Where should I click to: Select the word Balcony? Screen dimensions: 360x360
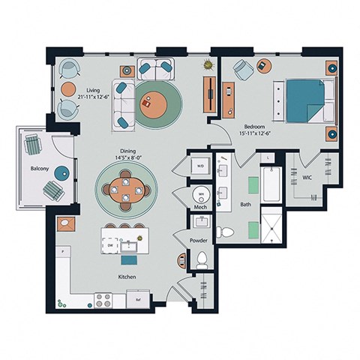(40, 169)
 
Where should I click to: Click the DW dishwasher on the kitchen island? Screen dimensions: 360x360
(110, 244)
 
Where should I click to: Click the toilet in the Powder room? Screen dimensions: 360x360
(201, 261)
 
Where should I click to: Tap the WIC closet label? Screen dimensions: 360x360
(307, 178)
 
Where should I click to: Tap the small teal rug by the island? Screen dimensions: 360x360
(129, 260)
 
